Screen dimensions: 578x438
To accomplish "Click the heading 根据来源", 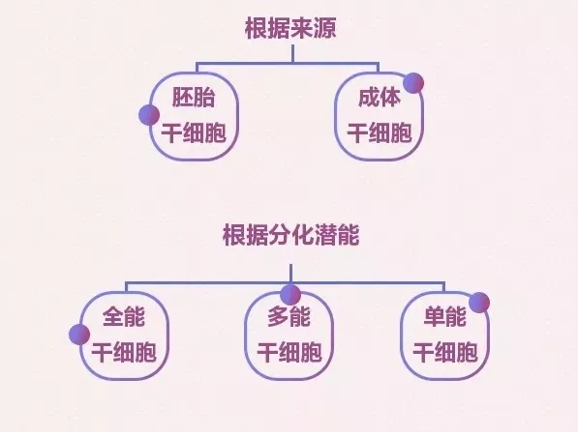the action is click(290, 28).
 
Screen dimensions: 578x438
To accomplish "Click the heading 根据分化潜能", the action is click(290, 235).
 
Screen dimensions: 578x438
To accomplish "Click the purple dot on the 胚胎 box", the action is click(149, 115).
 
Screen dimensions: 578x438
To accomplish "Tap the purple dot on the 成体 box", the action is click(413, 83).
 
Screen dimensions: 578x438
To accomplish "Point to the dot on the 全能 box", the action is click(79, 335).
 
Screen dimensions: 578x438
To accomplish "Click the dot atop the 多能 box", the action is click(290, 295).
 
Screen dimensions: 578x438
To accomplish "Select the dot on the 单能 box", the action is click(479, 303).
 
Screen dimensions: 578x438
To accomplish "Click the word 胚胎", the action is click(194, 98).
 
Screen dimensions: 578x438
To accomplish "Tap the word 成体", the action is click(380, 98).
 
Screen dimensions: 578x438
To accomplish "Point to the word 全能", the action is click(124, 316).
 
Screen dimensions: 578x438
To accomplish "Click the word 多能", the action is click(289, 316).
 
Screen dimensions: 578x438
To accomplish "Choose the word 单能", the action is click(445, 316).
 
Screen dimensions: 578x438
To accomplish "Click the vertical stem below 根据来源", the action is click(292, 54).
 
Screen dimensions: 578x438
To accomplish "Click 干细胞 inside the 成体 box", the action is click(380, 132).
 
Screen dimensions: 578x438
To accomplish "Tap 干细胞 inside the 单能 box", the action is click(445, 352).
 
